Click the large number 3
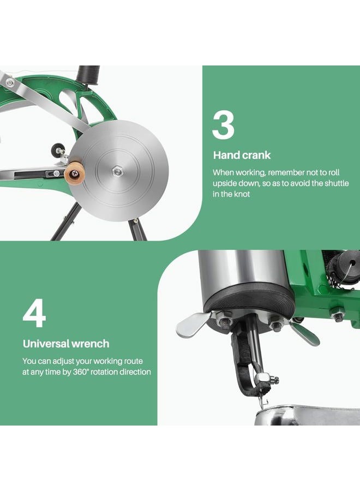coord(223,125)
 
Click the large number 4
coord(34,314)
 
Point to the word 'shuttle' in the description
coord(337,183)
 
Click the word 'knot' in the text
coord(242,194)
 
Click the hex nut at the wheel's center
coord(117,171)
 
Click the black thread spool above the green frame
coord(89,75)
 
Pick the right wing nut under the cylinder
coord(303,332)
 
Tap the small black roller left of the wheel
coord(58,150)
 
